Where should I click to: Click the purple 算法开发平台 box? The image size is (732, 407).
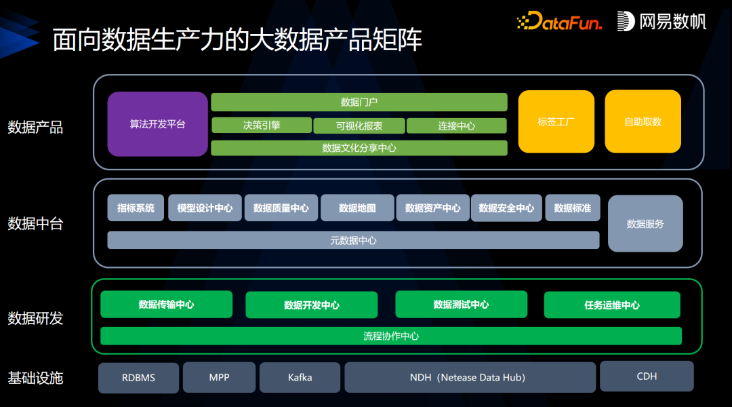[157, 124]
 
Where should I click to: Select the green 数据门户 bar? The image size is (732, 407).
[359, 102]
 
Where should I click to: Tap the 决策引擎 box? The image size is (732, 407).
[261, 125]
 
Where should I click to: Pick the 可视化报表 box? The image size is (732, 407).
[359, 125]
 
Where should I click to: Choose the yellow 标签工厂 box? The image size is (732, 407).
[556, 121]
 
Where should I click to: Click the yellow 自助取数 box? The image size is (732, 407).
[643, 121]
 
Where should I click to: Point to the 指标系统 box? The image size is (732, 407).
[136, 208]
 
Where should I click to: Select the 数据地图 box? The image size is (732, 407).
[357, 208]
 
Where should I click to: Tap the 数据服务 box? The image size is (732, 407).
[645, 223]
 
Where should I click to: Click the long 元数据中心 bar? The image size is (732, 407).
[353, 240]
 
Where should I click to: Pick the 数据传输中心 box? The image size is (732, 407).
[166, 305]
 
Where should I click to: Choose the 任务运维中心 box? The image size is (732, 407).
[611, 305]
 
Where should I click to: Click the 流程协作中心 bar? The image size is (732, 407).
[390, 336]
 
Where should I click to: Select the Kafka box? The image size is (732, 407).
[300, 377]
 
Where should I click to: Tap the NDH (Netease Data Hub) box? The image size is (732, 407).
[470, 377]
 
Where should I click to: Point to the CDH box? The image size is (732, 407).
[646, 376]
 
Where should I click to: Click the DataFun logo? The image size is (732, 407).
[559, 22]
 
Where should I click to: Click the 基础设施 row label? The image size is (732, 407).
[35, 378]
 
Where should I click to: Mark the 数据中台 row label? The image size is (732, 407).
[35, 223]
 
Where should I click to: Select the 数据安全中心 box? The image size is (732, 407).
[506, 208]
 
